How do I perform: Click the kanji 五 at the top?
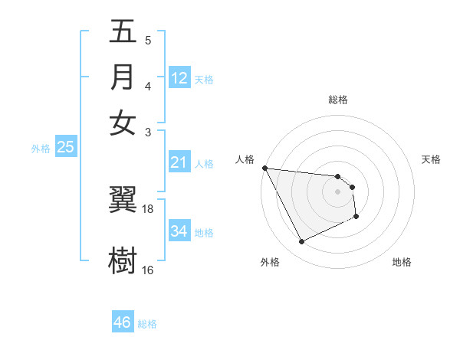pos(123,33)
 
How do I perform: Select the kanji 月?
pos(123,77)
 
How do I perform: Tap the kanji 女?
pos(123,123)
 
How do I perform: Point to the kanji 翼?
pos(123,201)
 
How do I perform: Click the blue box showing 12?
pos(179,78)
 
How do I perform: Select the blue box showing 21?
pos(179,162)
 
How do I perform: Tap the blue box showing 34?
pos(179,231)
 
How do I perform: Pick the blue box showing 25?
pos(66,147)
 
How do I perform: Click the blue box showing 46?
pos(123,322)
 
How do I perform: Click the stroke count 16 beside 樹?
pos(148,270)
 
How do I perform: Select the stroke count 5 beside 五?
pos(148,40)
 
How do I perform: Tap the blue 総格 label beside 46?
pos(147,324)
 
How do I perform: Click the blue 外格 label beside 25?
pos(40,149)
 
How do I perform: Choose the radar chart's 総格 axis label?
pos(338,100)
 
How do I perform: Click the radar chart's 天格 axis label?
pos(431,159)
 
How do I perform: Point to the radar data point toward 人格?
pos(264,168)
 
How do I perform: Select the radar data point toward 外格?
pos(301,242)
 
